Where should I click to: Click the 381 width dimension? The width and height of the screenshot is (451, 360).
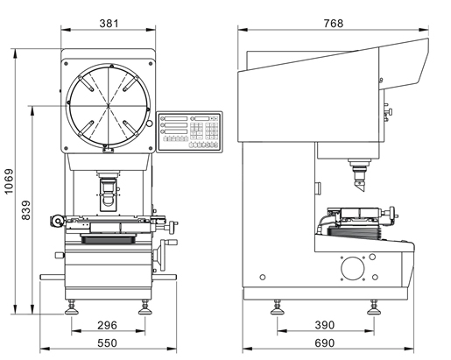109,24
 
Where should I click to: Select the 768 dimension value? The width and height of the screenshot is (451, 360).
334,24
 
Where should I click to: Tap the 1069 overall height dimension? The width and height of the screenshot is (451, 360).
9,181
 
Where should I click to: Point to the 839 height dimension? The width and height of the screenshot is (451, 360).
26,210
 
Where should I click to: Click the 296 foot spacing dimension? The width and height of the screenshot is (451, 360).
107,325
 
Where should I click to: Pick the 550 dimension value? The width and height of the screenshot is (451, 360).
107,343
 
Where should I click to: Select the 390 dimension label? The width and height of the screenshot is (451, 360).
325,325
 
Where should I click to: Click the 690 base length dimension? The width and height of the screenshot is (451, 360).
325,343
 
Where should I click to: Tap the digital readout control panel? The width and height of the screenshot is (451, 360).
189,132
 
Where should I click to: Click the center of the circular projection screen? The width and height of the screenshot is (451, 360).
109,105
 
